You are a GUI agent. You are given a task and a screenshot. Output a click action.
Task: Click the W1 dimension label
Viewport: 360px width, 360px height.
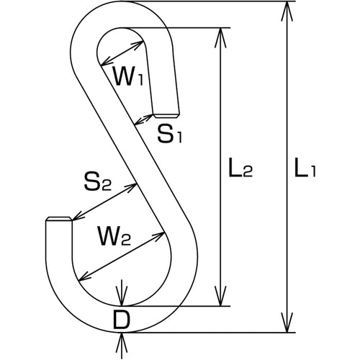point(128,76)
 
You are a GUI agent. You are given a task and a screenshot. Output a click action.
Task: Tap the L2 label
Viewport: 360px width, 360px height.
point(240,167)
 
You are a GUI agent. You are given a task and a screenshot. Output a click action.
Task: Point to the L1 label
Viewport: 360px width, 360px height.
point(305,167)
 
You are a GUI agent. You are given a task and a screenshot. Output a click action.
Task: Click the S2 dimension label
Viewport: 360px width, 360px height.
point(97,181)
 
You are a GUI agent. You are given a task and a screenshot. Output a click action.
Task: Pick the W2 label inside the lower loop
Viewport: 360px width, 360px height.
point(113,235)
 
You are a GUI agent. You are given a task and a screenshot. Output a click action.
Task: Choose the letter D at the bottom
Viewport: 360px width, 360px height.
point(122,320)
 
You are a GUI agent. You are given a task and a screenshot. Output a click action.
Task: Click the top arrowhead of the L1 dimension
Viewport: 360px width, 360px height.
point(287,11)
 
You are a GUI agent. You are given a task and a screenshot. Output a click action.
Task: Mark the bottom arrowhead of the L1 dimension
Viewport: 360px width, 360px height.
point(287,323)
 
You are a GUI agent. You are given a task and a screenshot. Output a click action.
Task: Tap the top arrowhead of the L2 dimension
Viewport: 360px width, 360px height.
point(220,37)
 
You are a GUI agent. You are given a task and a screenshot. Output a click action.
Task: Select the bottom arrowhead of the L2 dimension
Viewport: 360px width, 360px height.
point(220,296)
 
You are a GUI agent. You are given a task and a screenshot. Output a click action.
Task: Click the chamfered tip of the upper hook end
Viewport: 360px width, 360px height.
point(166,116)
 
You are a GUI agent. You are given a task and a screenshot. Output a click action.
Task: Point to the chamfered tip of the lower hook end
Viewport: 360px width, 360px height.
point(59,219)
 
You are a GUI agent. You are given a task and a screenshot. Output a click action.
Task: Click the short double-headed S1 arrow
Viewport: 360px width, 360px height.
point(144,120)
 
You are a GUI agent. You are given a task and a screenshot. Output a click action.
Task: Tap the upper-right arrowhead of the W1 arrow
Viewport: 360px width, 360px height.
point(136,45)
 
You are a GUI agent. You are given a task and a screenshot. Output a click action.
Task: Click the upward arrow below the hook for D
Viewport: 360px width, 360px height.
point(122,346)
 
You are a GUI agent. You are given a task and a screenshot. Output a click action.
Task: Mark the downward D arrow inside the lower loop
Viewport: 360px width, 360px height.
point(122,293)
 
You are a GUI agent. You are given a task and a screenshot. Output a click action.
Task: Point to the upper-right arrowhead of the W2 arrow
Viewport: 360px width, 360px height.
point(158,235)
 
